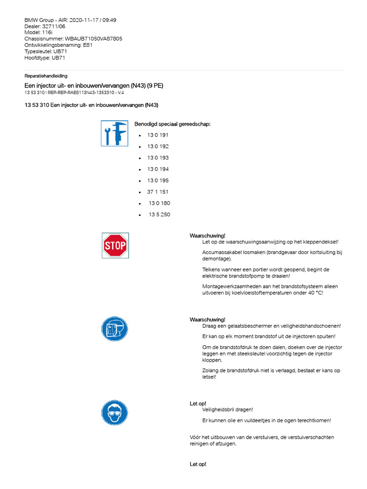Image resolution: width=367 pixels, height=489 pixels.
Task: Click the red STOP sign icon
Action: [115, 245]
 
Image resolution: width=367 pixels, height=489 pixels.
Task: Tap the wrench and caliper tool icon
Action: [114, 133]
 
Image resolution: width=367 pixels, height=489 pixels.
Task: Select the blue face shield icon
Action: [115, 329]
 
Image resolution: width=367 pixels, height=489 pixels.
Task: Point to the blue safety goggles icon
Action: [115, 413]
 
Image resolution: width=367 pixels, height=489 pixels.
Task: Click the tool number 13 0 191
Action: [158, 135]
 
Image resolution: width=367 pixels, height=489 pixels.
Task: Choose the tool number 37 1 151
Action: [158, 192]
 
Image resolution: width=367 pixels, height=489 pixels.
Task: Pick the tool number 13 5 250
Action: [159, 215]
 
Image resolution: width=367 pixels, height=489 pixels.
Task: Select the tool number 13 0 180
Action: [159, 203]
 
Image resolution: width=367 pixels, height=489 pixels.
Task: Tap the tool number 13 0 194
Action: [158, 169]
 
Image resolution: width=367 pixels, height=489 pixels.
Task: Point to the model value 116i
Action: [47, 32]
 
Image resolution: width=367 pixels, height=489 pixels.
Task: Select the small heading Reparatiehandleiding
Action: [46, 76]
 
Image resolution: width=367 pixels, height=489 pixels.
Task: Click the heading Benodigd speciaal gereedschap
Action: [172, 124]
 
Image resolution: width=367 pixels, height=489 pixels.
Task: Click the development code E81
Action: [87, 45]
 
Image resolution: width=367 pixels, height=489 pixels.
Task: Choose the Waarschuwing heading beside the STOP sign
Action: [207, 236]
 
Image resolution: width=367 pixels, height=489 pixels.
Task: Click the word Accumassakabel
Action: [223, 252]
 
